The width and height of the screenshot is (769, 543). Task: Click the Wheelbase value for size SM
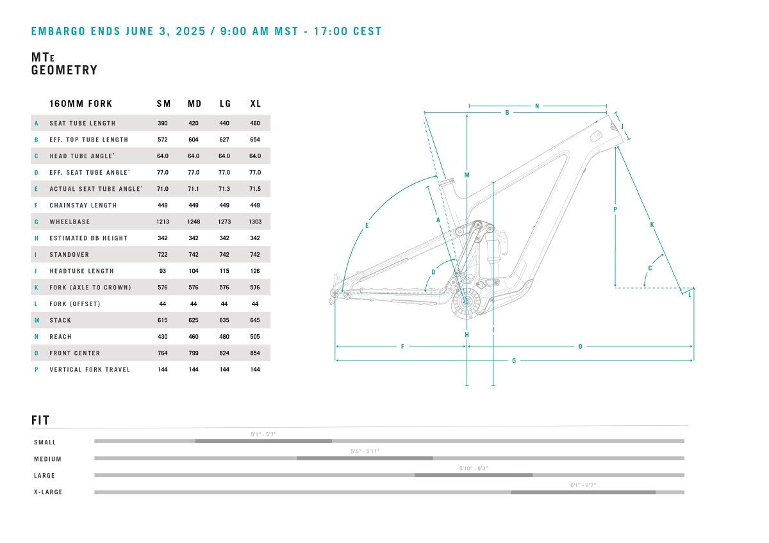pyautogui.click(x=163, y=222)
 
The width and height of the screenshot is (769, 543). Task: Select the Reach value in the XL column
pyautogui.click(x=255, y=337)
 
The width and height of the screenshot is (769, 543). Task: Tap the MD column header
pyautogui.click(x=195, y=104)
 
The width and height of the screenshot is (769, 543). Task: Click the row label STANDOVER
pyautogui.click(x=69, y=255)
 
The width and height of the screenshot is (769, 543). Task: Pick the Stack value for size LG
pyautogui.click(x=224, y=320)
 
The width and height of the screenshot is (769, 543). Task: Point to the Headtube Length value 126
pyautogui.click(x=255, y=271)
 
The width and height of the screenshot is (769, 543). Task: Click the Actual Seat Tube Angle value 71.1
pyautogui.click(x=194, y=189)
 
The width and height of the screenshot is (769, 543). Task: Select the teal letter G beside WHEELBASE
pyautogui.click(x=37, y=222)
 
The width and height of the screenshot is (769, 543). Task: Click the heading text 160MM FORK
pyautogui.click(x=81, y=104)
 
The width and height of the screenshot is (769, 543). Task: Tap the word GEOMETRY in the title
pyautogui.click(x=65, y=70)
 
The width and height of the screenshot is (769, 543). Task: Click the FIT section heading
pyautogui.click(x=40, y=420)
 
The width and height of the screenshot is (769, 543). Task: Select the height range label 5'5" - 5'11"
pyautogui.click(x=365, y=451)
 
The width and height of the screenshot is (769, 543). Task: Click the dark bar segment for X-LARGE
pyautogui.click(x=583, y=492)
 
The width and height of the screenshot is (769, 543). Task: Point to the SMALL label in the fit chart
pyautogui.click(x=45, y=442)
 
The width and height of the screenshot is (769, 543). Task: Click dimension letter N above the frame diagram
pyautogui.click(x=537, y=106)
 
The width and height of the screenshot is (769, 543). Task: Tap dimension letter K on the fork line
pyautogui.click(x=652, y=225)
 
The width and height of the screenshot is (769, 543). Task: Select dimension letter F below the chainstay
pyautogui.click(x=402, y=347)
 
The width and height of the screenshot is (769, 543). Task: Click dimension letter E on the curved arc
pyautogui.click(x=367, y=225)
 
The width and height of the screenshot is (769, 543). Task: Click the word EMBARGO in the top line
pyautogui.click(x=58, y=31)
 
